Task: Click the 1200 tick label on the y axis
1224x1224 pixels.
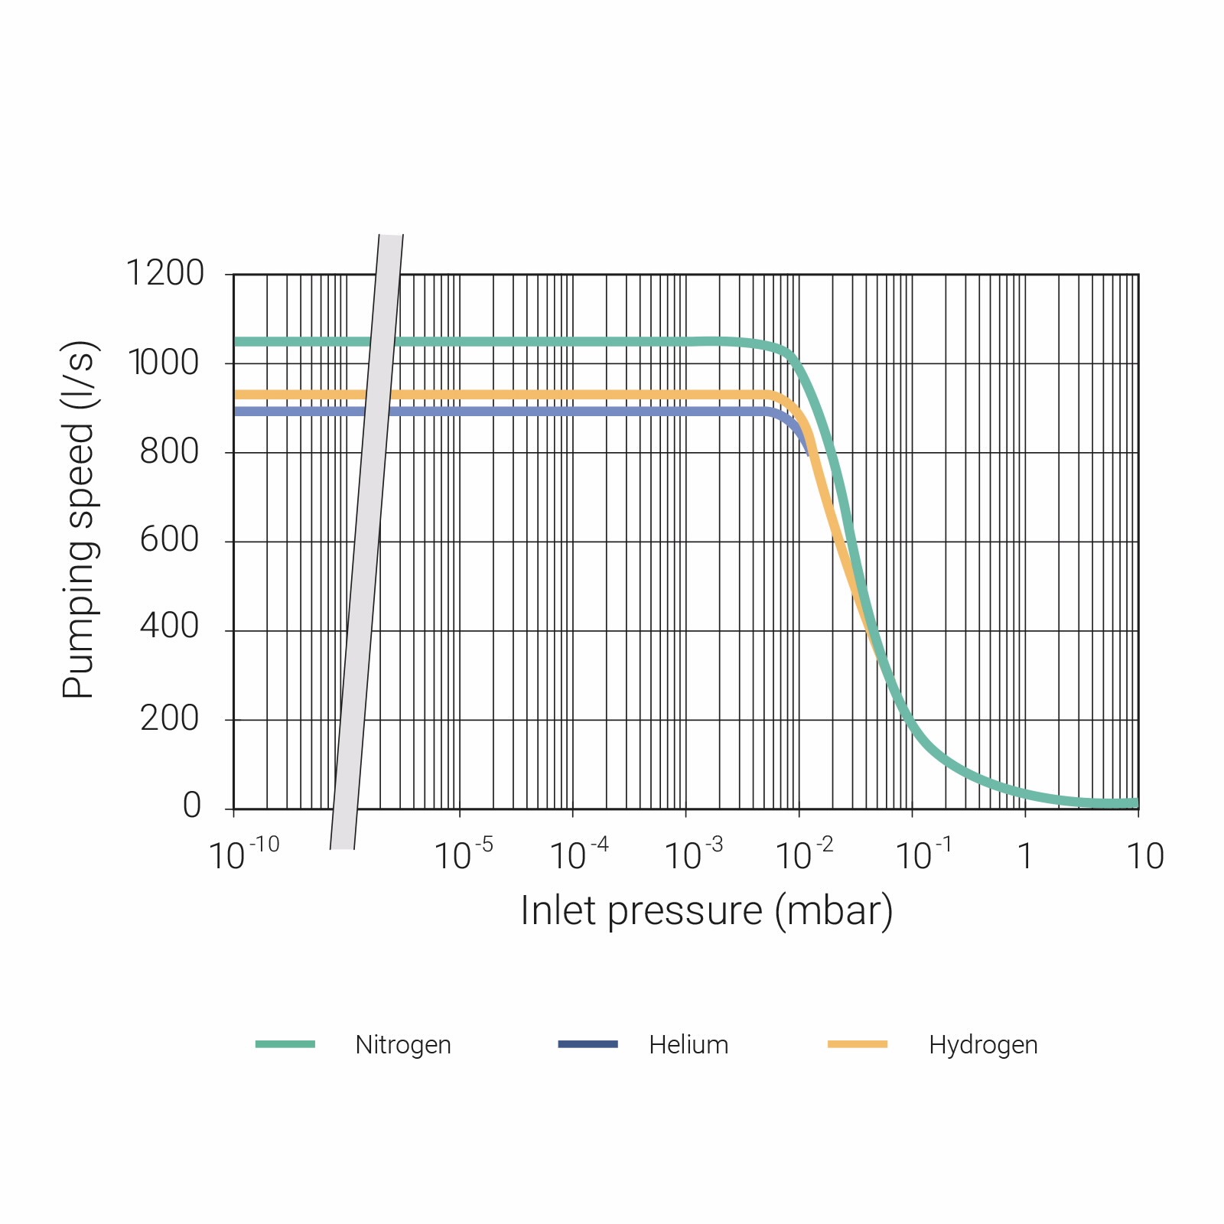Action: pos(164,273)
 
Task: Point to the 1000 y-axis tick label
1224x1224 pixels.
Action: pos(164,363)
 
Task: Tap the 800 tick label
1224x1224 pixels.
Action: pos(169,451)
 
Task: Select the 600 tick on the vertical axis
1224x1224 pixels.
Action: pos(169,540)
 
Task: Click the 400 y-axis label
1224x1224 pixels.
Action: pos(169,627)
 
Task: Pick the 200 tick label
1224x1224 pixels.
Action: pos(169,718)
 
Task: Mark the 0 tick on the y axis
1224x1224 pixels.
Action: pos(192,806)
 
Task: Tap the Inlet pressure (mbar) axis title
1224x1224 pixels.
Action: pos(706,911)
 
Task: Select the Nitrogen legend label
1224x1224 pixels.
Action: pos(403,1045)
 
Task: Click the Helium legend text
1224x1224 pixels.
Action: pos(688,1045)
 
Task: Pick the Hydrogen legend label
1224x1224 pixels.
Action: pos(983,1045)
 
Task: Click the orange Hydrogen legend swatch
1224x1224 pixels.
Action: pos(857,1044)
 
